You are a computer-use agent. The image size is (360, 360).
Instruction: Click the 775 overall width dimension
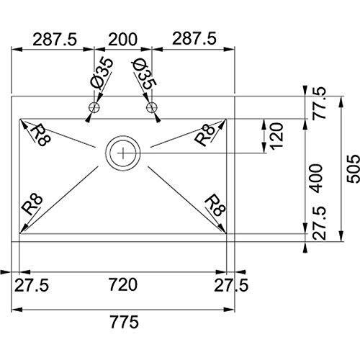click(x=125, y=322)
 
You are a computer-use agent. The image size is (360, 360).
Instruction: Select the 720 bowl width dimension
click(x=123, y=284)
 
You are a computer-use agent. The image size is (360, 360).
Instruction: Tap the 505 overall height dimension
click(x=354, y=169)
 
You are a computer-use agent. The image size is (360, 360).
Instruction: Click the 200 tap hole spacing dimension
click(x=122, y=39)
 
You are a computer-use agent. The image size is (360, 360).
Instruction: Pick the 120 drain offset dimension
click(x=276, y=136)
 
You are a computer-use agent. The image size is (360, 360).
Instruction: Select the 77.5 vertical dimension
click(x=320, y=103)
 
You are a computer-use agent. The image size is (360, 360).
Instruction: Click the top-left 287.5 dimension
click(x=55, y=39)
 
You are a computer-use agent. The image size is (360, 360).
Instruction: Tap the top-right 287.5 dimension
click(x=194, y=39)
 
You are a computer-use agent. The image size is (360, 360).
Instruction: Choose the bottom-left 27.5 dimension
click(x=32, y=285)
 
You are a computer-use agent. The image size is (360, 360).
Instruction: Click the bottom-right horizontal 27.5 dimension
click(x=231, y=285)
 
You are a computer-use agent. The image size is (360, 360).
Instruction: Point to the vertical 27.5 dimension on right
click(x=320, y=223)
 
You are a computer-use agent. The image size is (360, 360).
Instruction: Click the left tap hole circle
click(x=94, y=107)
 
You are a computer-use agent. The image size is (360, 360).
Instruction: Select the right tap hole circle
click(x=151, y=107)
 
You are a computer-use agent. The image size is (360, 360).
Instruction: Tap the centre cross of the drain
click(x=122, y=153)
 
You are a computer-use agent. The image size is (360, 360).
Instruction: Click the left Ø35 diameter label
click(x=102, y=73)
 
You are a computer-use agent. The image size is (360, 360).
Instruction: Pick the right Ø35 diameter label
click(x=144, y=74)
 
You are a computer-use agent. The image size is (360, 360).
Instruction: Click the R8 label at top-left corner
click(x=40, y=135)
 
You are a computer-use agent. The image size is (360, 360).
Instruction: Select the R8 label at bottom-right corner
click(x=215, y=205)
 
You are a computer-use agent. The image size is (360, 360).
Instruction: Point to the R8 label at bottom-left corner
click(x=32, y=204)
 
